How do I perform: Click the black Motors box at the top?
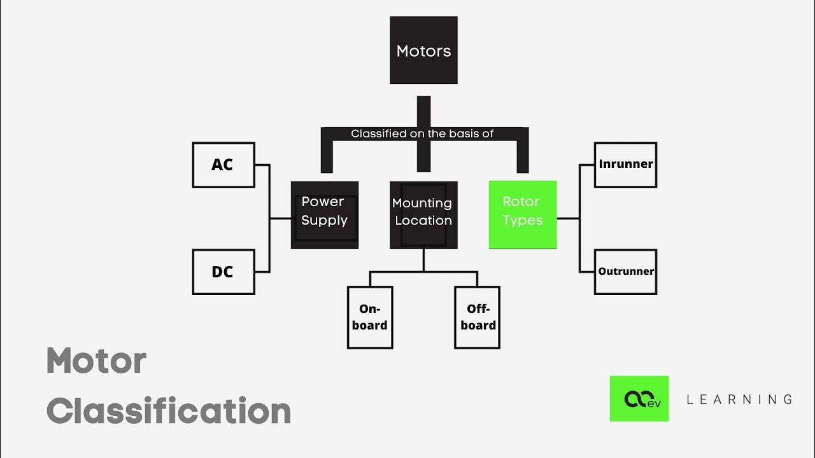point(423,50)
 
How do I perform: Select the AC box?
point(223,165)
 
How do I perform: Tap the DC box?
point(223,272)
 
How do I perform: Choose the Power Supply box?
point(325,214)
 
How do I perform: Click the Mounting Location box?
point(423,214)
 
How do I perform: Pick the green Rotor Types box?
point(523,214)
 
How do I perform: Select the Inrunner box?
point(625,165)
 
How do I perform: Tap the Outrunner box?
point(625,272)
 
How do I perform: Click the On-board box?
point(370,317)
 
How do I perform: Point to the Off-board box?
point(477,317)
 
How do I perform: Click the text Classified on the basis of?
point(422,134)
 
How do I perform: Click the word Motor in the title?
point(97,361)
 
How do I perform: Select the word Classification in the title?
point(169,411)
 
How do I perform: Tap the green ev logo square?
point(639,399)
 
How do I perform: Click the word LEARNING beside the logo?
point(739,399)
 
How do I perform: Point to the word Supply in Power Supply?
point(325,221)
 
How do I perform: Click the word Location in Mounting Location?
point(423,221)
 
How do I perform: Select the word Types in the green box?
point(523,221)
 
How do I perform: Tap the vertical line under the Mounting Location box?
point(423,260)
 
